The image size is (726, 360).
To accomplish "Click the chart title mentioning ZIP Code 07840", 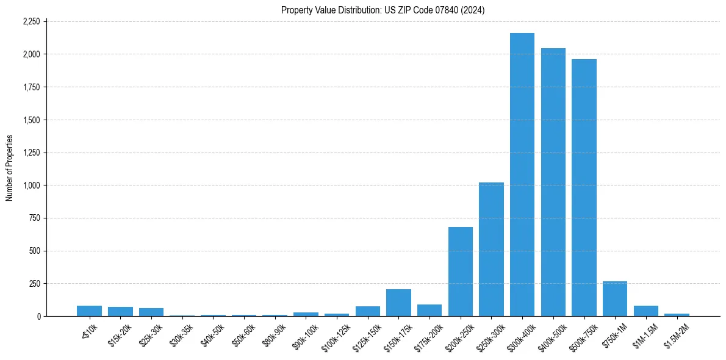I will pyautogui.click(x=383, y=10).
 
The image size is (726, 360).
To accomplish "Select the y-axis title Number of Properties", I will pyautogui.click(x=10, y=168).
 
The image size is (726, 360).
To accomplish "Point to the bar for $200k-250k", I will pyautogui.click(x=461, y=272).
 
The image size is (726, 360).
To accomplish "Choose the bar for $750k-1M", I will pyautogui.click(x=615, y=299).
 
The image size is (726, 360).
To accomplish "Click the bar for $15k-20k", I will pyautogui.click(x=120, y=312).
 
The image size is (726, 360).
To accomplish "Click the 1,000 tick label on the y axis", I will pyautogui.click(x=31, y=185).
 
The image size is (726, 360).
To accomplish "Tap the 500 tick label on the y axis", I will pyautogui.click(x=34, y=251).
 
